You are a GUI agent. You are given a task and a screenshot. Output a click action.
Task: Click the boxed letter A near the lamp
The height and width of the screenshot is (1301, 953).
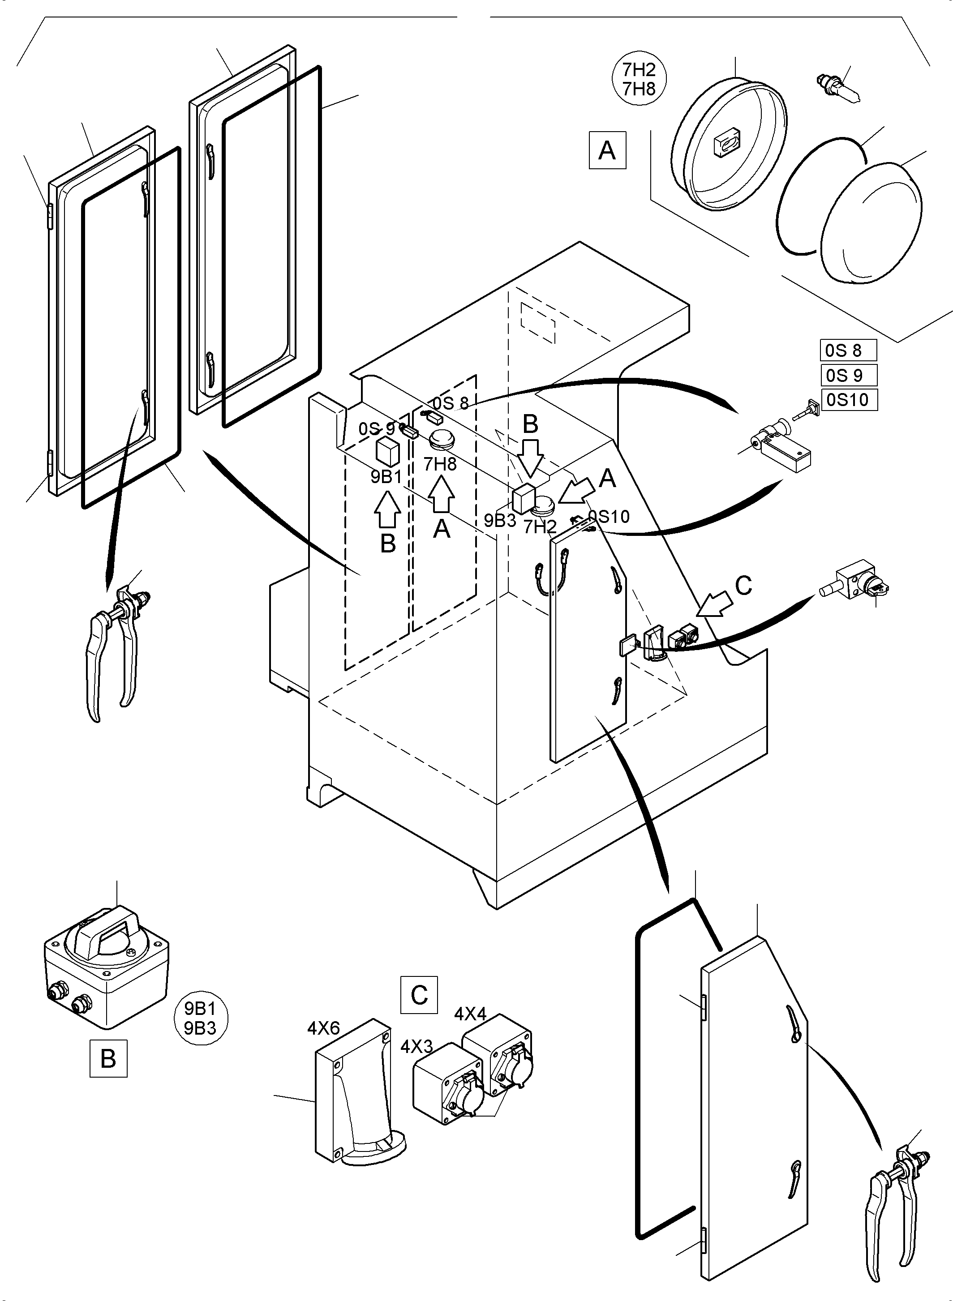point(607,150)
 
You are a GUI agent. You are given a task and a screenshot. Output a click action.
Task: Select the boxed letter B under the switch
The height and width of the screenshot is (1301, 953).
point(108,1058)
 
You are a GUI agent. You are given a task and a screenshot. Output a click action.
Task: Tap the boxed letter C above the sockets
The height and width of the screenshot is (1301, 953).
point(419,995)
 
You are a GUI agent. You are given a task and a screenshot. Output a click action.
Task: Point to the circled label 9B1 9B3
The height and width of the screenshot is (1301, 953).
point(200,1019)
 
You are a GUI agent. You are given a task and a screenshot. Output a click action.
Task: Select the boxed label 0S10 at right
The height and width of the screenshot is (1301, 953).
point(849,400)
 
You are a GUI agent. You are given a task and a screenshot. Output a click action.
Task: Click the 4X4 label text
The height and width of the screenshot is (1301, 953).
point(470,1014)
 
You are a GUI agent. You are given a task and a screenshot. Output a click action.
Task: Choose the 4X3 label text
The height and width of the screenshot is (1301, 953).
point(416,1047)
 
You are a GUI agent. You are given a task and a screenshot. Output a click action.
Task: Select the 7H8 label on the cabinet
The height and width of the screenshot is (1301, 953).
point(440,464)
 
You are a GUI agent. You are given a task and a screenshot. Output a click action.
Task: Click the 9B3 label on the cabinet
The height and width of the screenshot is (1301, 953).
point(500,521)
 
